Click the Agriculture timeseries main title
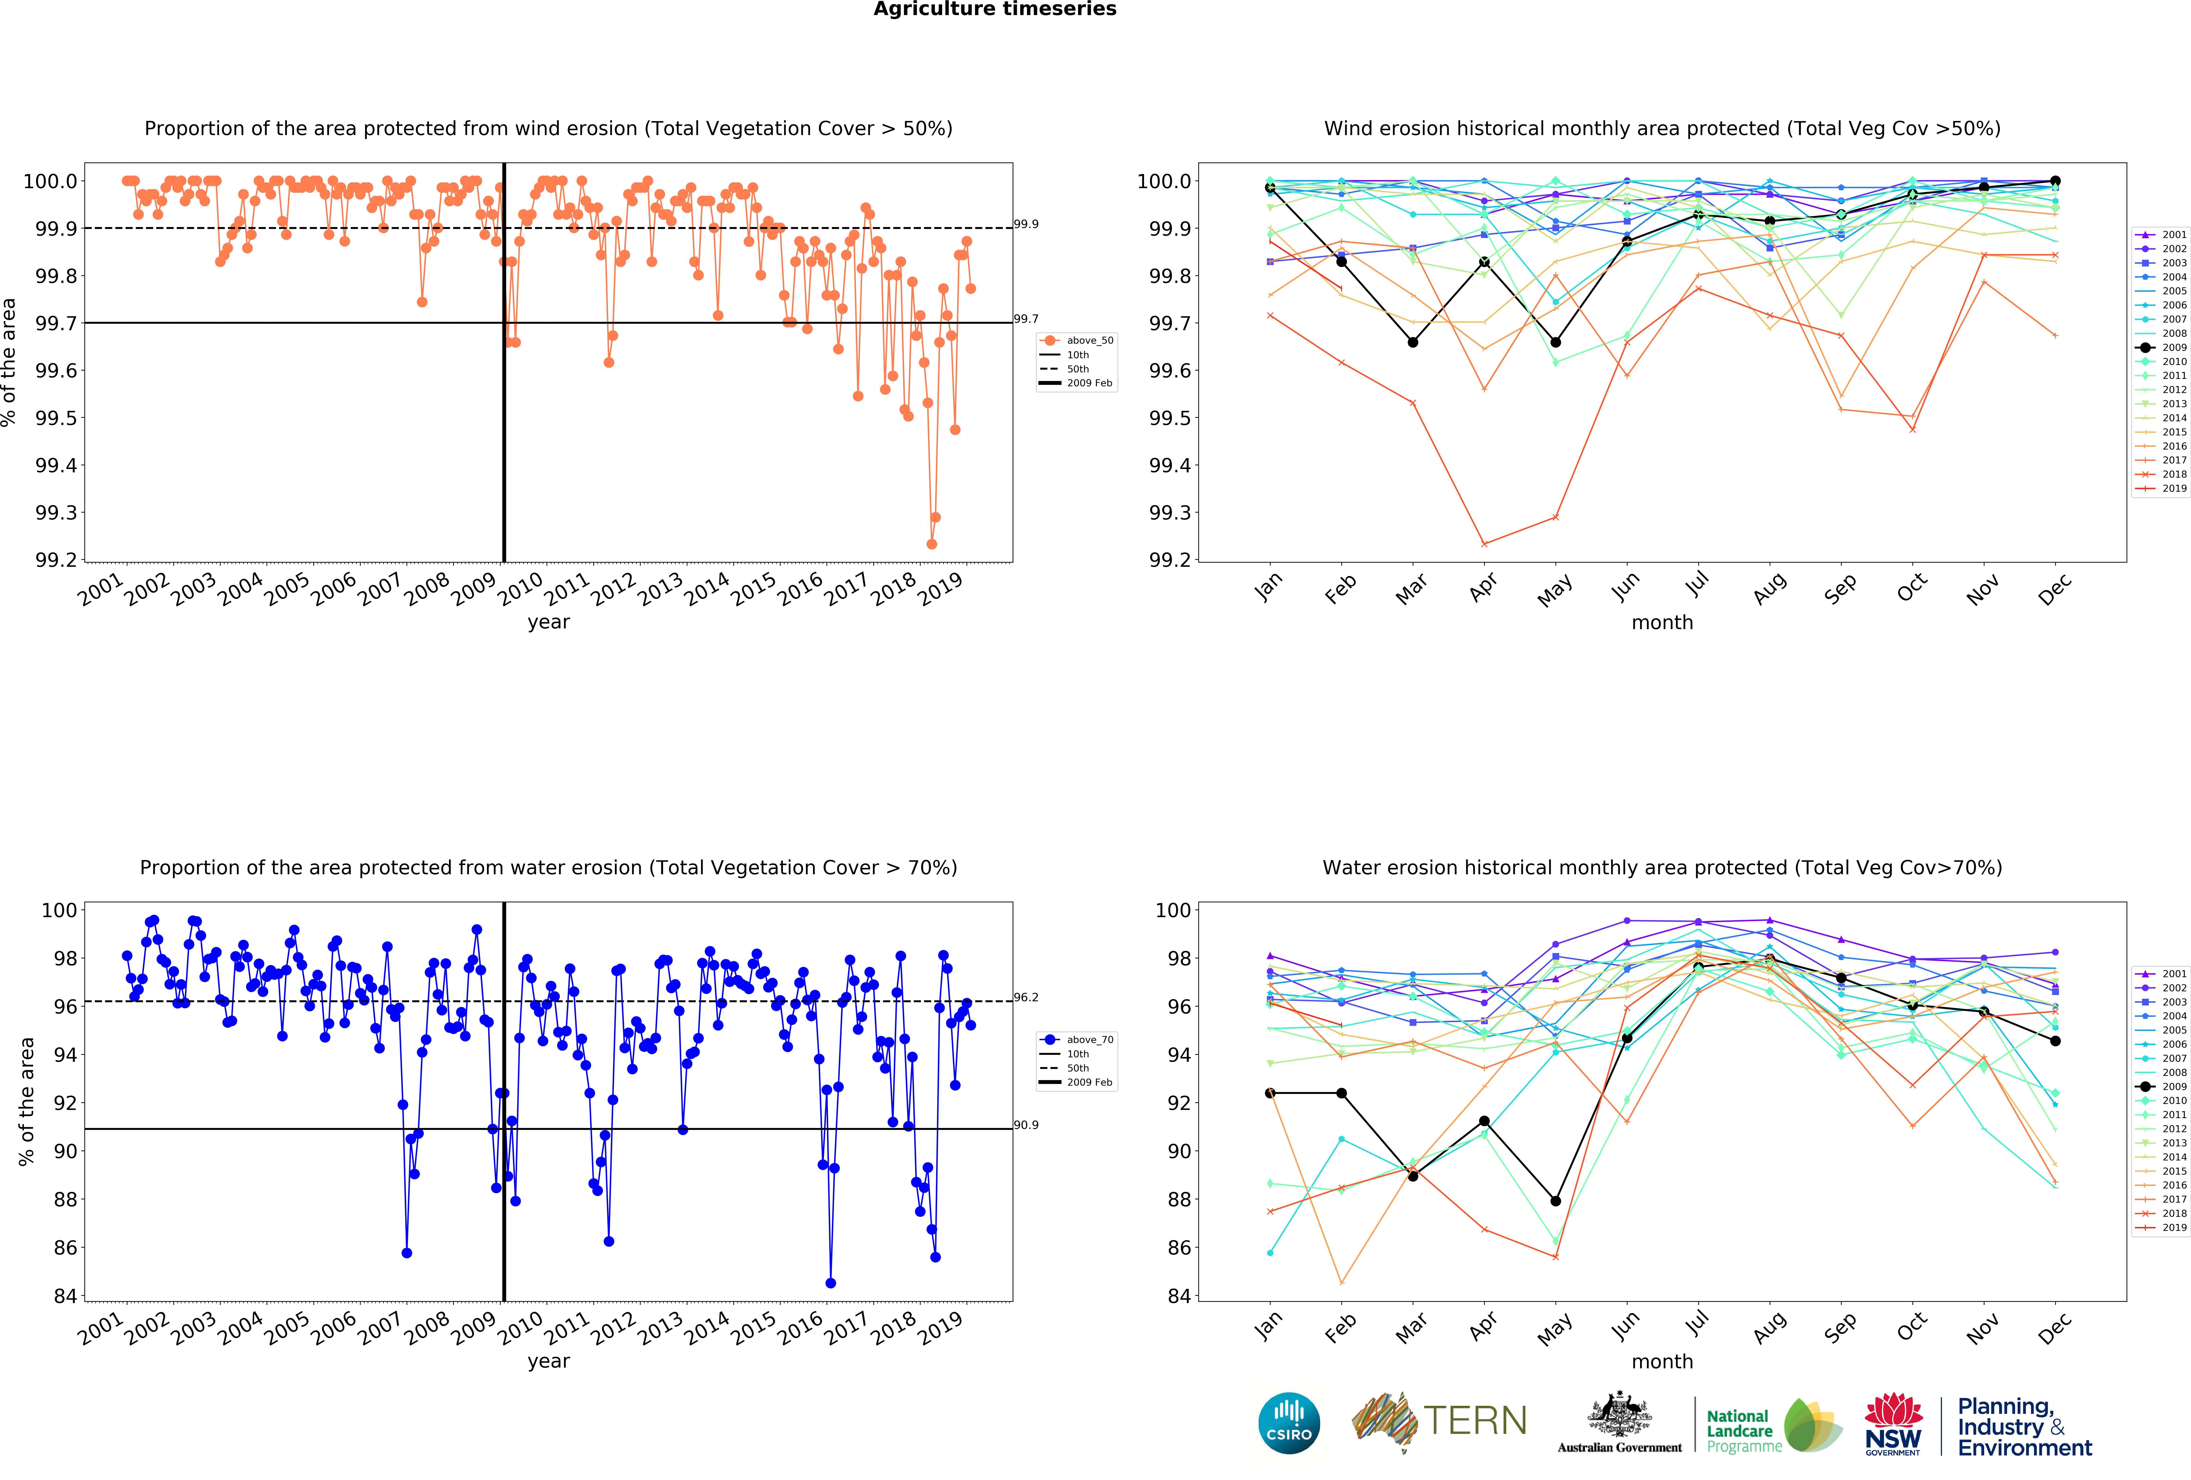995,10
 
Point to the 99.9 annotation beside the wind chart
1026,224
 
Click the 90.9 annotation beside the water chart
1026,1125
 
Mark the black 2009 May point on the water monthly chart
1555,1201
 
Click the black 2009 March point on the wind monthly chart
1412,342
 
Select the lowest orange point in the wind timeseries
932,544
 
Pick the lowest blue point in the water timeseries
831,1283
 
